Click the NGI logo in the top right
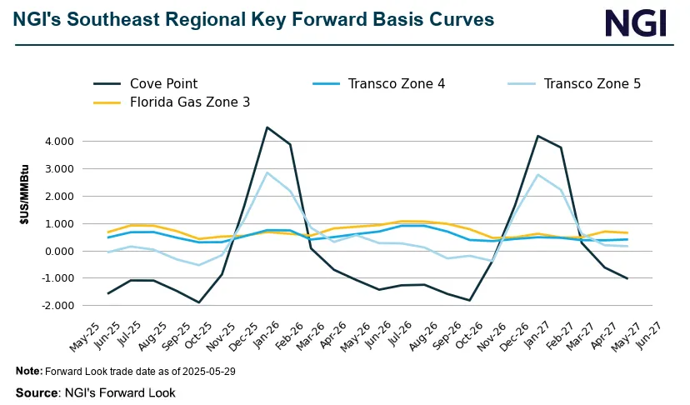pos(635,22)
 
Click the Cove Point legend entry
pos(163,83)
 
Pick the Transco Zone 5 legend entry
pos(592,83)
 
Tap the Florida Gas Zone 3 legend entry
pos(189,102)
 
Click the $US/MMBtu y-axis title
pos(24,222)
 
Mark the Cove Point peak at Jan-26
pos(266,127)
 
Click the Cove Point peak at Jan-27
pos(538,136)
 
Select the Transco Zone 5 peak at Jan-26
pos(266,172)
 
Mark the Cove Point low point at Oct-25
pos(199,302)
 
